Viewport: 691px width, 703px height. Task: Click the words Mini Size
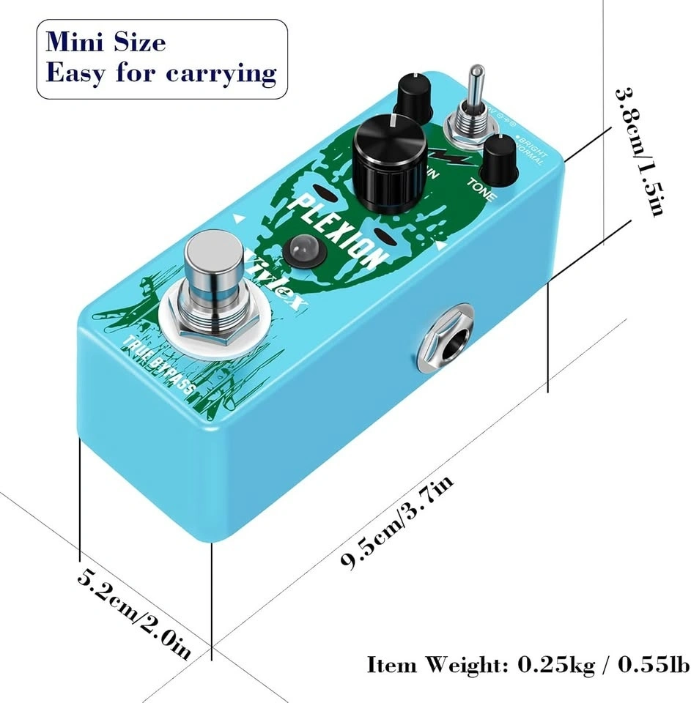coord(106,42)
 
